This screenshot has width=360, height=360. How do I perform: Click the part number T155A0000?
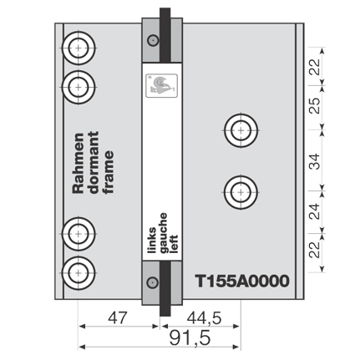coord(242,281)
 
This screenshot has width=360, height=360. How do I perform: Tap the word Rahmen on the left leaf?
coord(79,163)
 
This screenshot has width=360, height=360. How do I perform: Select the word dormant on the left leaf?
coord(94,163)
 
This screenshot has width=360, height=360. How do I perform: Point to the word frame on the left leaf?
coord(109,172)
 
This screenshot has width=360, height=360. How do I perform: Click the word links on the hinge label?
coord(152,241)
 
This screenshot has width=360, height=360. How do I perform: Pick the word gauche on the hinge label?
coord(163,233)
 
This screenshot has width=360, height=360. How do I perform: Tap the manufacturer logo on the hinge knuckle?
coord(162,85)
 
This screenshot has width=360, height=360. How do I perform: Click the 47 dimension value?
coord(117,317)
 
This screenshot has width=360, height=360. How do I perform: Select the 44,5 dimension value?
coord(204,318)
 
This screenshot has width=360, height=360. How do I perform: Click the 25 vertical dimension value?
coord(316,105)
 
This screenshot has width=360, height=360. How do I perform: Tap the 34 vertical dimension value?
coord(316,161)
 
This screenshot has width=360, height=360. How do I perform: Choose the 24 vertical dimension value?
coord(316,211)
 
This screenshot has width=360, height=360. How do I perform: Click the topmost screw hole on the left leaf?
coord(79,48)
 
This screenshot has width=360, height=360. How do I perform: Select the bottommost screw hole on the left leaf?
coord(79,272)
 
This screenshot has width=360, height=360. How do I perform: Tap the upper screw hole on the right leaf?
coord(241,130)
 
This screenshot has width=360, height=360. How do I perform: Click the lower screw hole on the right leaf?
coord(241,192)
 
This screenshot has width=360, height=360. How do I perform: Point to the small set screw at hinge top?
coord(153,41)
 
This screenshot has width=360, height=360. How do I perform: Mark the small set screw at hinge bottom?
coord(153,282)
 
